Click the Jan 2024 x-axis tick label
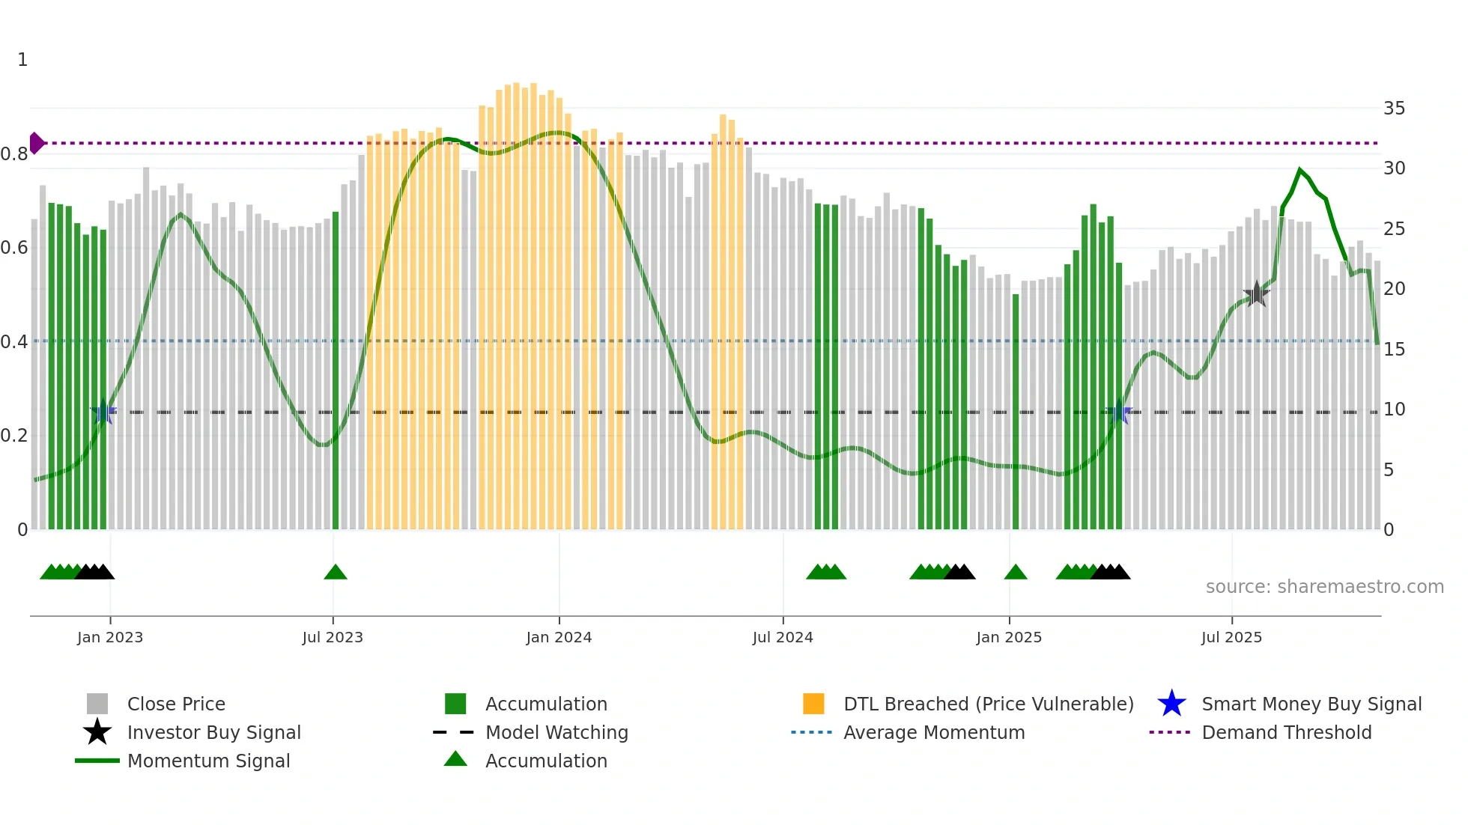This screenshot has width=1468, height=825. pos(559,637)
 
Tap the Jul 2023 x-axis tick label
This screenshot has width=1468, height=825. pos(333,637)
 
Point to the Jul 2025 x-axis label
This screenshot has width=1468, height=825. pos(1231,637)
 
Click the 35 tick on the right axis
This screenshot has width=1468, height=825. pos(1394,109)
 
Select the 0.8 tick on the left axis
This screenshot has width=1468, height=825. pos(14,154)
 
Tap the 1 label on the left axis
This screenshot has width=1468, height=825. pos(22,60)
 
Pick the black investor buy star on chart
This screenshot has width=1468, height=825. pos(1256,294)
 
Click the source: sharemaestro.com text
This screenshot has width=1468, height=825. pos(1324,587)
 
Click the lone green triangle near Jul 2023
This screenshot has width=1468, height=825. pos(336,573)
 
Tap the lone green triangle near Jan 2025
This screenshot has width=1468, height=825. pos(1016,573)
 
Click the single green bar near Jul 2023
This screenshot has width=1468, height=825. pos(336,374)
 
